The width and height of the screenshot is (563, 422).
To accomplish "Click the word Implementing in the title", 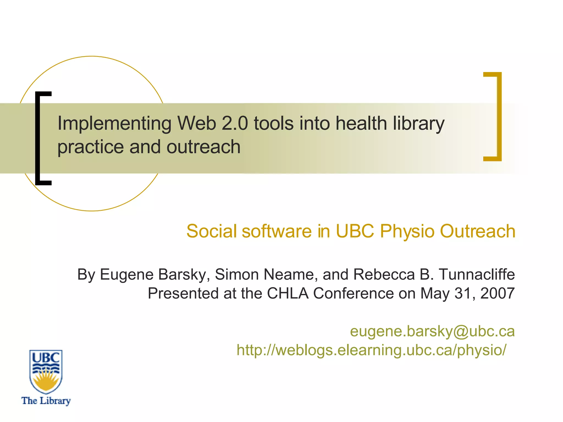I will pos(114,124).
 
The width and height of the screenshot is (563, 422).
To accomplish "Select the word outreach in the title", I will pos(203,147).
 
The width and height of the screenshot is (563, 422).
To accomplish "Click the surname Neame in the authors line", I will pos(288,274).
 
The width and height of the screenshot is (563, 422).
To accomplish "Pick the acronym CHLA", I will pos(288,293).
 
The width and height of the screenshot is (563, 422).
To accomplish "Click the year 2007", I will pos(497,293).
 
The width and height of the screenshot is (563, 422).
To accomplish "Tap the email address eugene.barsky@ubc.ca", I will pos(432,331).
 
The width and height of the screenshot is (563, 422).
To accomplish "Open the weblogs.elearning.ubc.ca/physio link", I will pos(371,350).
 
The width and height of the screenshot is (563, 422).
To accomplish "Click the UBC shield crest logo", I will pos(46,371).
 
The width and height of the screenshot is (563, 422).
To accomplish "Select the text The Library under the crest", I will pos(46,401).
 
